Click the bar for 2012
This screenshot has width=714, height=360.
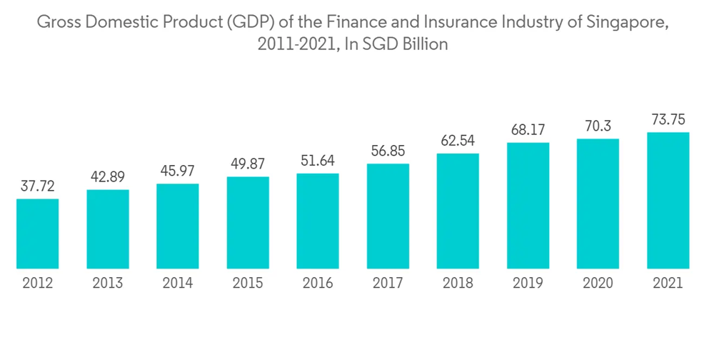click(38, 234)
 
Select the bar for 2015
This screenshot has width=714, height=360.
click(248, 223)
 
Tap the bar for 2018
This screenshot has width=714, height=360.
click(458, 211)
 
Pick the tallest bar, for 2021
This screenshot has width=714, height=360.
click(668, 201)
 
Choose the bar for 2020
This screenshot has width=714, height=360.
click(598, 204)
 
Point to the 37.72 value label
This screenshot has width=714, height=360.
click(38, 187)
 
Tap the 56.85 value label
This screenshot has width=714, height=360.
click(388, 151)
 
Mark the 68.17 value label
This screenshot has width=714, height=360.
click(528, 131)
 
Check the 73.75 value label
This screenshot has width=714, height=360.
click(668, 120)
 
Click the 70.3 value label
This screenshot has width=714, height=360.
click(598, 126)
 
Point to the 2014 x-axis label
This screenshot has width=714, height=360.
click(178, 283)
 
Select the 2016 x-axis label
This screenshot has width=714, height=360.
click(318, 283)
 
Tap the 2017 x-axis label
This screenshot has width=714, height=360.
click(388, 283)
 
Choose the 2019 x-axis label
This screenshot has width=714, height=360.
click(528, 283)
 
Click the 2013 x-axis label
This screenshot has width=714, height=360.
click(108, 283)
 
